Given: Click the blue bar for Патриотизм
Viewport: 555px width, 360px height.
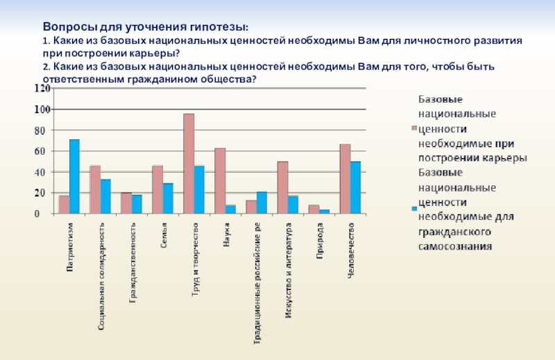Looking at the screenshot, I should [x=74, y=177].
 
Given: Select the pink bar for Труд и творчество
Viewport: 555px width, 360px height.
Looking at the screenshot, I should [x=189, y=164].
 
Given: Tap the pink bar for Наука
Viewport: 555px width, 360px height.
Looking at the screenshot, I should [x=220, y=181].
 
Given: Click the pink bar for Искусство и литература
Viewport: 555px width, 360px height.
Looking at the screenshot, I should [x=282, y=187].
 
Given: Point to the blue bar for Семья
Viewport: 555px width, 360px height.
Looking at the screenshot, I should [x=168, y=198].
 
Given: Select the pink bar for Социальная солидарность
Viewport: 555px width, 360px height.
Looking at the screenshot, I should [x=95, y=189].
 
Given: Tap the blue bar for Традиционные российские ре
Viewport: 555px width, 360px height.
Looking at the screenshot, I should [x=262, y=203].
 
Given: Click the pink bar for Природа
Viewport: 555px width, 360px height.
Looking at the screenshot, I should [x=314, y=209].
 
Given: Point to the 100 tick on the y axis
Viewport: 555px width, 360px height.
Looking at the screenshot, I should [x=42, y=110].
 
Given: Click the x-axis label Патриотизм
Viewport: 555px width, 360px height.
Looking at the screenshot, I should [x=71, y=247].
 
